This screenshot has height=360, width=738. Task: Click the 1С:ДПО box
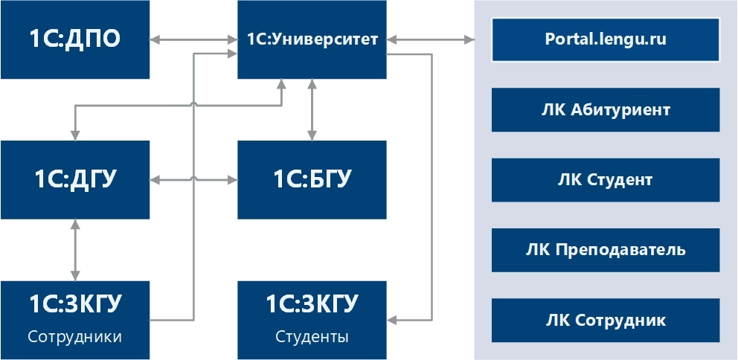(74, 39)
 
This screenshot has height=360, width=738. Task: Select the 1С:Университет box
(312, 39)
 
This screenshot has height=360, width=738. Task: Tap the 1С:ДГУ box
(74, 179)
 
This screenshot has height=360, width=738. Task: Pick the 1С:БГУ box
(312, 179)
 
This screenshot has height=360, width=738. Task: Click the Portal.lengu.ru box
(606, 39)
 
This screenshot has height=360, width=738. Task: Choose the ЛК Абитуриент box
(606, 110)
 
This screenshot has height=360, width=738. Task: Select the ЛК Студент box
(606, 180)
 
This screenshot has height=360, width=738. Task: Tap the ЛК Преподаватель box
(606, 250)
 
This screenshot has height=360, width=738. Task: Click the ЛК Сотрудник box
(606, 321)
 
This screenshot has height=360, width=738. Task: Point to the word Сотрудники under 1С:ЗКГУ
(74, 337)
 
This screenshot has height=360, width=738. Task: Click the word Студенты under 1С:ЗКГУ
(312, 337)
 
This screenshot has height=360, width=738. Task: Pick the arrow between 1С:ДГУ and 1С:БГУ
(193, 179)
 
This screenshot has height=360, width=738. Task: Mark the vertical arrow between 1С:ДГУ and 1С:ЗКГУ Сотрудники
(74, 249)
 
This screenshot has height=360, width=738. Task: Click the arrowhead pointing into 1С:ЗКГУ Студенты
(394, 321)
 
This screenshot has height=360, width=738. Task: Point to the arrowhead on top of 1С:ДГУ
(74, 135)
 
